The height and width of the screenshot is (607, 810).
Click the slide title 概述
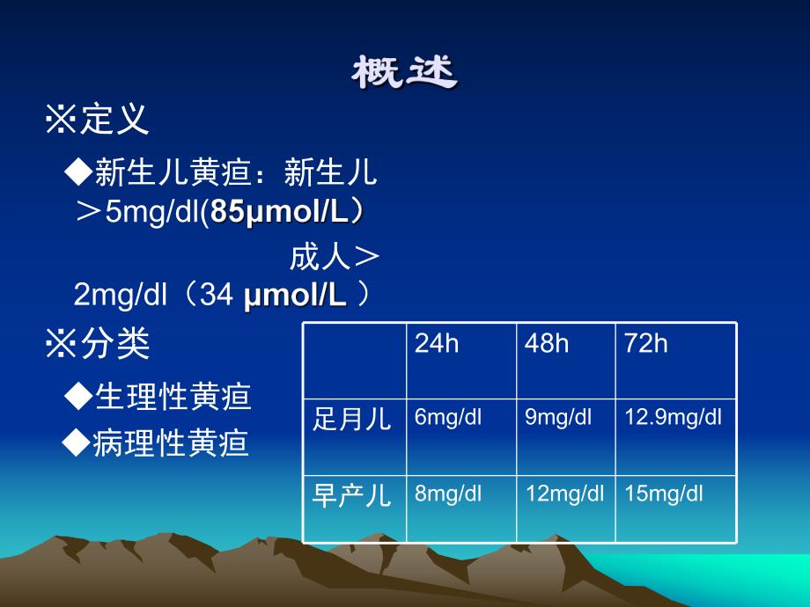click(x=405, y=74)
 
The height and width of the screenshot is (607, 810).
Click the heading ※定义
click(x=97, y=119)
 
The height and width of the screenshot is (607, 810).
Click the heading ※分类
click(x=97, y=344)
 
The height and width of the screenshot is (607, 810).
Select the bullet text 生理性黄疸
click(x=172, y=397)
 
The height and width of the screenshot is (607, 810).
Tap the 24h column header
click(x=437, y=344)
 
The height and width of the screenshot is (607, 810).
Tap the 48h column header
click(x=547, y=344)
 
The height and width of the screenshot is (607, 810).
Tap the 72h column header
click(x=646, y=344)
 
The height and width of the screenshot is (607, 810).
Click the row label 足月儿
click(x=352, y=419)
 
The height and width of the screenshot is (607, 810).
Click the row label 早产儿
click(x=352, y=495)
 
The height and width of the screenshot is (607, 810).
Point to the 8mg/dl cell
click(x=449, y=494)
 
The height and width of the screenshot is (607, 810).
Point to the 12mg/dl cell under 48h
click(x=564, y=494)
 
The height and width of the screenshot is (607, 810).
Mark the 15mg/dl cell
click(x=664, y=494)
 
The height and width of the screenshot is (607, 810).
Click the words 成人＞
click(x=335, y=259)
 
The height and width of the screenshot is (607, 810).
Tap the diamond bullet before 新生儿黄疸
click(x=79, y=173)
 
